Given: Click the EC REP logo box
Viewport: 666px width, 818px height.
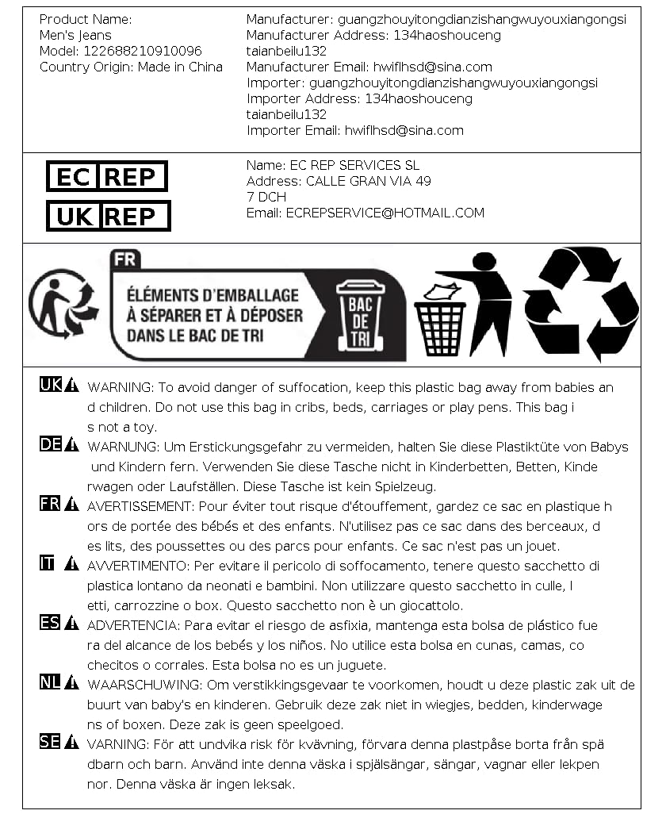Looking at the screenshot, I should pos(106,176).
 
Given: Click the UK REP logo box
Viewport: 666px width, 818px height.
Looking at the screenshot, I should pos(108,216).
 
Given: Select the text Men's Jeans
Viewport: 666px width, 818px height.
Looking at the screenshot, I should pos(75,35).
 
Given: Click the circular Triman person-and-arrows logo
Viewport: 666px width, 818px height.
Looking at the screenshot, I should pos(63,304).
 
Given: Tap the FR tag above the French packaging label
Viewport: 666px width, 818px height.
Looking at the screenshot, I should pos(124,259).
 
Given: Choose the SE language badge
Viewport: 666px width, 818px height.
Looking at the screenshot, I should pos(50,742).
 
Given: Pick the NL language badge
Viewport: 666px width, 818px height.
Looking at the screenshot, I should pos(50,682).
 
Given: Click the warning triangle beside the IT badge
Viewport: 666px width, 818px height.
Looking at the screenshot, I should pos(72,564).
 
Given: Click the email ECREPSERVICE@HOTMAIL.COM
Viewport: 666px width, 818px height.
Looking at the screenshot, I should pos(385,213).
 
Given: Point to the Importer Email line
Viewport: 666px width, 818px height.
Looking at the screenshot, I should pos(355,130).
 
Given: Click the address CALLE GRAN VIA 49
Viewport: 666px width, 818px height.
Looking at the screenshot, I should pos(369,181).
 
